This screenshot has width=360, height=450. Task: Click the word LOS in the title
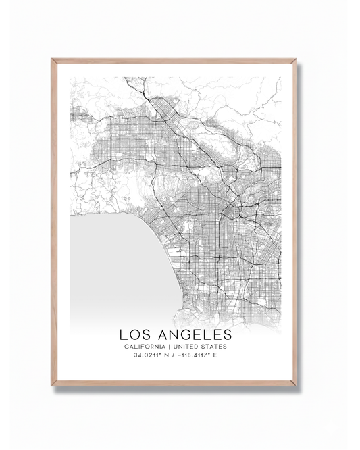pyautogui.click(x=134, y=334)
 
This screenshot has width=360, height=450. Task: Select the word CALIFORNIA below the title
pyautogui.click(x=145, y=347)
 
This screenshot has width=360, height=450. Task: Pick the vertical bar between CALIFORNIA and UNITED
pyautogui.click(x=172, y=347)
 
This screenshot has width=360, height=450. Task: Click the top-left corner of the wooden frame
pyautogui.click(x=53, y=60)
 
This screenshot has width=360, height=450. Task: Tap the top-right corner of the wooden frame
pyautogui.click(x=296, y=60)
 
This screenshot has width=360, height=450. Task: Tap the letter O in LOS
pyautogui.click(x=134, y=334)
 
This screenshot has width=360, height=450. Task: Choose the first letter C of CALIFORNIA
pyautogui.click(x=126, y=347)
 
